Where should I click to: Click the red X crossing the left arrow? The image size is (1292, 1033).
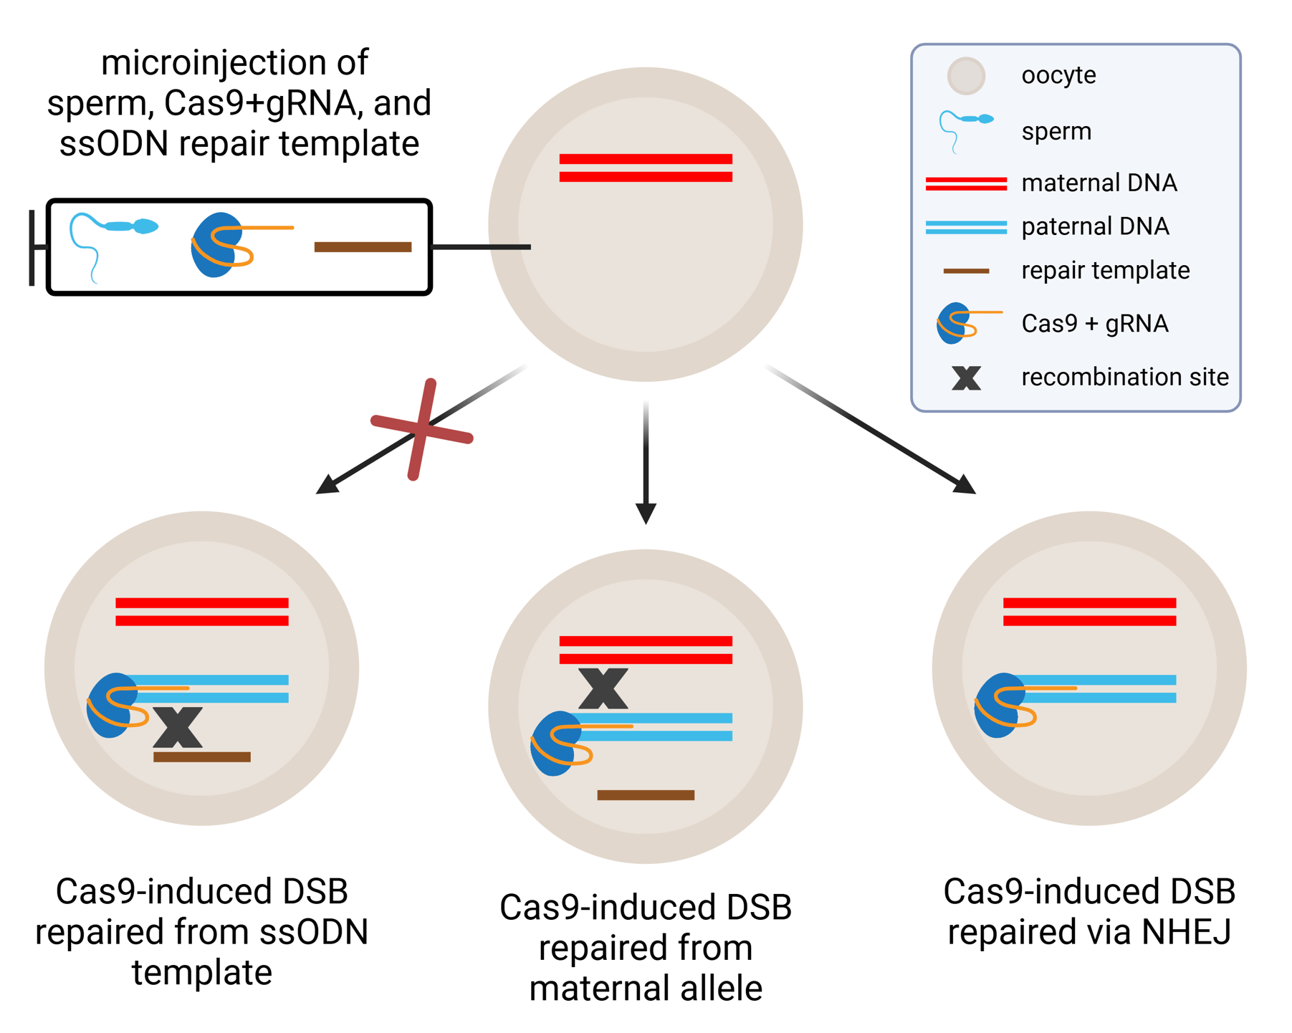[x=422, y=429]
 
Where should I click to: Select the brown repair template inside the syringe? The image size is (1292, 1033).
[x=363, y=247]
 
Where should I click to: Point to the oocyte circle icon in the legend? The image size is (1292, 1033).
[x=966, y=75]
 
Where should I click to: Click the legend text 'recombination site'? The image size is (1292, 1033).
[x=1124, y=377]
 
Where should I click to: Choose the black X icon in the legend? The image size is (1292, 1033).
[x=966, y=378]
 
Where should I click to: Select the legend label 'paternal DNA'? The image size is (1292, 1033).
[x=1095, y=226]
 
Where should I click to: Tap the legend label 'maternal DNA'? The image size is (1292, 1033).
[x=1099, y=183]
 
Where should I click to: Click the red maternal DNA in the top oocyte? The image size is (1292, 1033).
[x=646, y=168]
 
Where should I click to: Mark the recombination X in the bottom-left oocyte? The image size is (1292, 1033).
[x=178, y=727]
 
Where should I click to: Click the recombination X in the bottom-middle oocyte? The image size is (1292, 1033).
[x=603, y=688]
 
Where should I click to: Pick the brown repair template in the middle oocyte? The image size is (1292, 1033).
[x=646, y=794]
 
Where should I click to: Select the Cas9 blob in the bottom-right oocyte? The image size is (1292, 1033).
[x=997, y=706]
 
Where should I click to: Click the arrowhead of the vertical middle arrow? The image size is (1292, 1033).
[x=646, y=513]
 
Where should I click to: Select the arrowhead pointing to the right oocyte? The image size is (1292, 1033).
[x=965, y=486]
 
